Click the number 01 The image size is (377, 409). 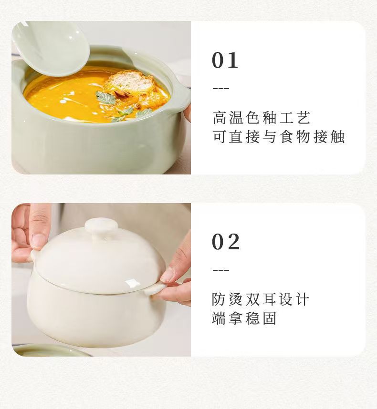pyautogui.click(x=225, y=61)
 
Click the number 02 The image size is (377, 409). pyautogui.click(x=226, y=242)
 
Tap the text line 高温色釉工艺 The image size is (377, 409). pyautogui.click(x=262, y=117)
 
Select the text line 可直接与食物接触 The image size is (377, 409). pyautogui.click(x=278, y=137)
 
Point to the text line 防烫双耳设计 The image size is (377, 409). pyautogui.click(x=261, y=299)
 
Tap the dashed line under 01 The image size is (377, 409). pyautogui.click(x=220, y=89)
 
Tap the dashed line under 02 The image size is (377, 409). pyautogui.click(x=220, y=270)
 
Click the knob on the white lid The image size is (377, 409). pyautogui.click(x=101, y=225)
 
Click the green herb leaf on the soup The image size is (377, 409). pyautogui.click(x=106, y=99)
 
